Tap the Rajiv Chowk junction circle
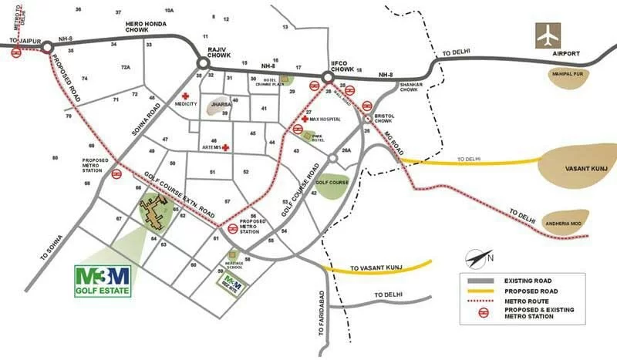[204, 63]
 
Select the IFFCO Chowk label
[342, 68]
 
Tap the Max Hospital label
[325, 119]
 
